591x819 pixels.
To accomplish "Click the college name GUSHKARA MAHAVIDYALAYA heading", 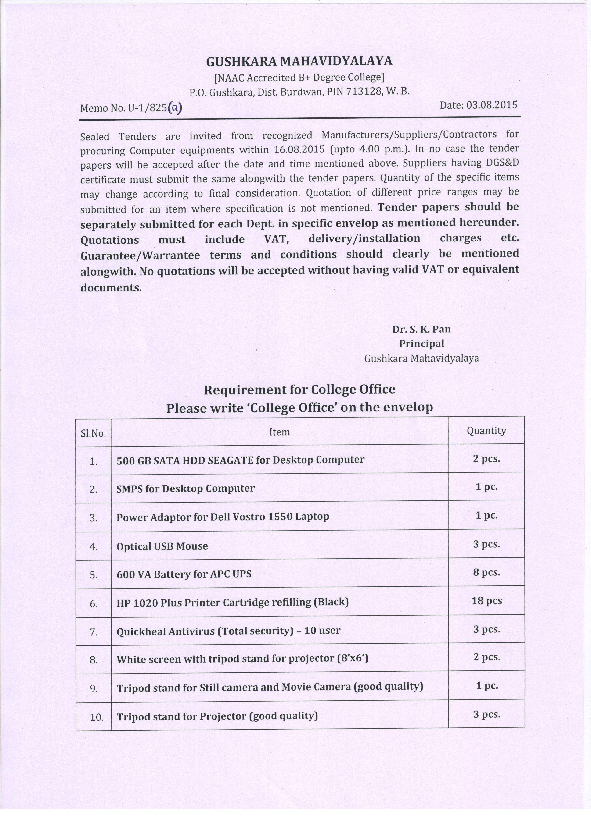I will [x=299, y=61].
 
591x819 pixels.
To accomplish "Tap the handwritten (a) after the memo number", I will [x=175, y=107].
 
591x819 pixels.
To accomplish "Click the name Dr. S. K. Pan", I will [x=422, y=329].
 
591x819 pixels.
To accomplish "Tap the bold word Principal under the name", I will [x=422, y=344].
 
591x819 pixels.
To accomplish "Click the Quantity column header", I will [x=486, y=430].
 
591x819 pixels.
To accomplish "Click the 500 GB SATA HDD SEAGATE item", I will [x=240, y=460].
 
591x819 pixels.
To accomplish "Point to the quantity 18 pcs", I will [x=486, y=601].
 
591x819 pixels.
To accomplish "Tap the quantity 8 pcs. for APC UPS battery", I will [x=486, y=572].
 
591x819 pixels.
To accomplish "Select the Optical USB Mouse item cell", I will [x=162, y=546].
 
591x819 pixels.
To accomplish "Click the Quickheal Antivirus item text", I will [x=228, y=631].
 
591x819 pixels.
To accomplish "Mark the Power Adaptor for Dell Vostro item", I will [x=223, y=517].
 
